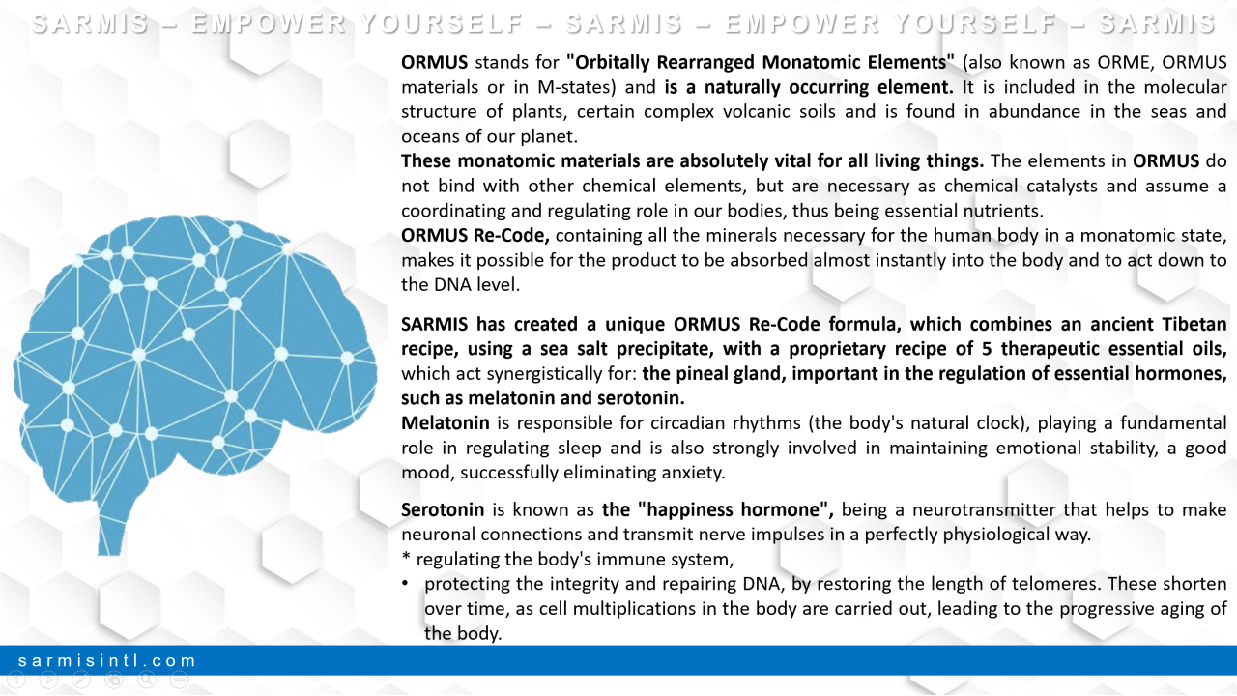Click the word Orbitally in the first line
pyautogui.click(x=613, y=62)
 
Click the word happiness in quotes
pyautogui.click(x=691, y=509)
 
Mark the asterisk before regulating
pyautogui.click(x=406, y=557)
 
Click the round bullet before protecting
pyautogui.click(x=405, y=584)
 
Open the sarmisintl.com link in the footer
pyautogui.click(x=106, y=660)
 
